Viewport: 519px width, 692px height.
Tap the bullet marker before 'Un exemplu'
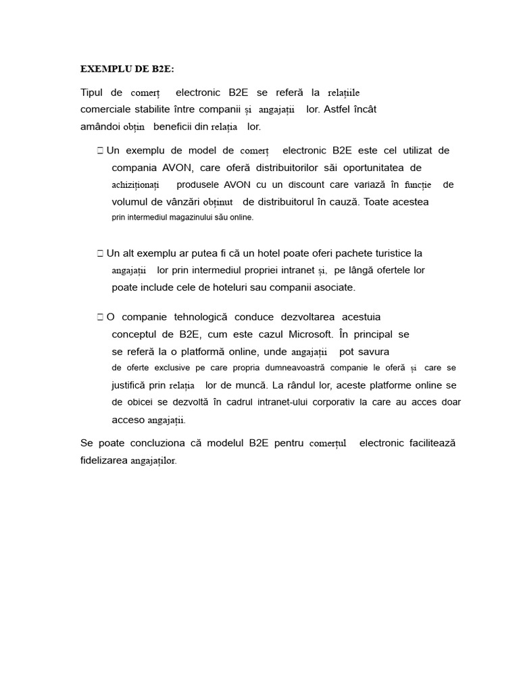[x=100, y=151]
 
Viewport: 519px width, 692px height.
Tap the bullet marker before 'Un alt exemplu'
[x=100, y=253]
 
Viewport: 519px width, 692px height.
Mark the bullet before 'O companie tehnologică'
[x=100, y=317]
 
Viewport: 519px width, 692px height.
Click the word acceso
[x=128, y=420]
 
